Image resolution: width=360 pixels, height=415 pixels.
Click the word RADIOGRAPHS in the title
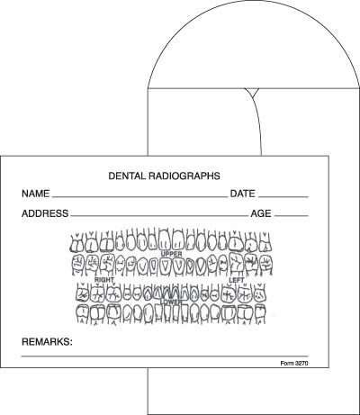[184, 176]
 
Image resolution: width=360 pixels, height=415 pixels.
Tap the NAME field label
[36, 194]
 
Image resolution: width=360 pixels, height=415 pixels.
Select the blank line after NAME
[140, 197]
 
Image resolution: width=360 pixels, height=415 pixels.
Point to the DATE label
[243, 194]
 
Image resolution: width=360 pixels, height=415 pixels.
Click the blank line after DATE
[283, 197]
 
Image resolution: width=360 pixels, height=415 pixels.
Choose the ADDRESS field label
[45, 213]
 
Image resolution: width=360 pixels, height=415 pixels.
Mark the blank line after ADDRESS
[159, 216]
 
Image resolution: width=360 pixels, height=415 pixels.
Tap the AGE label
[261, 213]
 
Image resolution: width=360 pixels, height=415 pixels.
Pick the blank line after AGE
[292, 216]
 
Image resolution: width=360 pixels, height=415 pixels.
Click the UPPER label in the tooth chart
[172, 254]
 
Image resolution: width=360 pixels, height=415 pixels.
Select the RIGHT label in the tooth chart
[104, 280]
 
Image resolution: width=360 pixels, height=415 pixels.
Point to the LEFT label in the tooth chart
[237, 280]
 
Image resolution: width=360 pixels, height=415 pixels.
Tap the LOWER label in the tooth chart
[171, 302]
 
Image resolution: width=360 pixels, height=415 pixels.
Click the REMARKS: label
[47, 342]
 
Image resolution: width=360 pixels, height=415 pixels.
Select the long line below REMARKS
[165, 356]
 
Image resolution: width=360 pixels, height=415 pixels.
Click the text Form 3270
[294, 364]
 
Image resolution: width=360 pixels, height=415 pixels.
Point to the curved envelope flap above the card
[254, 1]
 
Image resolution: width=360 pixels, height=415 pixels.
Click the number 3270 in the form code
[301, 364]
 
